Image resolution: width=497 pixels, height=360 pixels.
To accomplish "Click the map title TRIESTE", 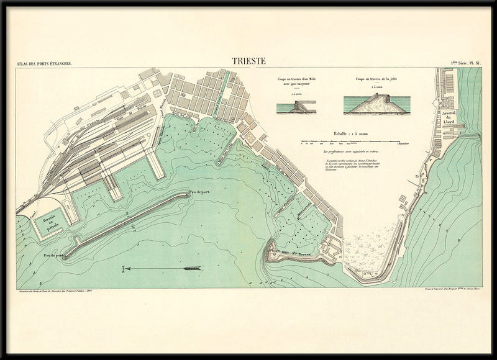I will click(x=248, y=61).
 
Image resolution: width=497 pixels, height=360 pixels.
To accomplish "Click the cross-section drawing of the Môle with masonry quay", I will click(x=296, y=107).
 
